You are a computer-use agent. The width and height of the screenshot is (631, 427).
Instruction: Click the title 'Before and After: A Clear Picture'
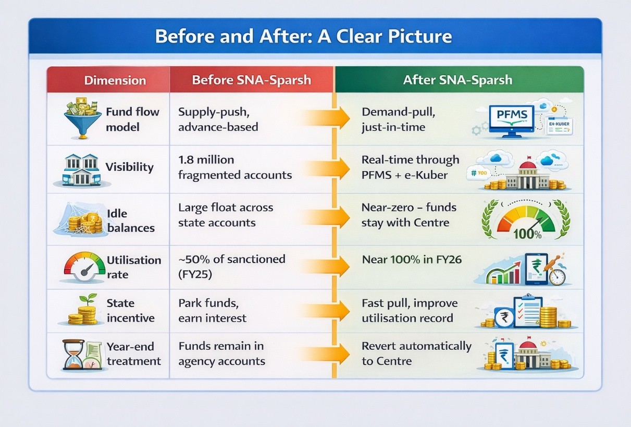tap(303, 36)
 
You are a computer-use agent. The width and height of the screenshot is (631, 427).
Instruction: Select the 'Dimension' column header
tap(115, 80)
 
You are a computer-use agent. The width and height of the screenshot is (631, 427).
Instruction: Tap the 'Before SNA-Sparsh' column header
tap(251, 80)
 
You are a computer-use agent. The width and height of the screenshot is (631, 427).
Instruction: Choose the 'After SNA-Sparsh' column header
tap(457, 80)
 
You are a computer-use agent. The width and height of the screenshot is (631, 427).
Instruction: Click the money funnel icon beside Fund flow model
tap(83, 118)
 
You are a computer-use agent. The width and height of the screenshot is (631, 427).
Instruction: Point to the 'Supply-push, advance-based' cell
tap(218, 119)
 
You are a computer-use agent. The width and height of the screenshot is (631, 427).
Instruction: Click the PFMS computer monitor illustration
tap(512, 121)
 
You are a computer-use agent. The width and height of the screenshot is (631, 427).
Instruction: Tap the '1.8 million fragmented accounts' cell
tap(235, 167)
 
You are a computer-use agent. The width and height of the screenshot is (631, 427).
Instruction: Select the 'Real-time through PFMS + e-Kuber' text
tap(410, 167)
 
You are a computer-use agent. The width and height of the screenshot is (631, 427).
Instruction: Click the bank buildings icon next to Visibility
tap(81, 169)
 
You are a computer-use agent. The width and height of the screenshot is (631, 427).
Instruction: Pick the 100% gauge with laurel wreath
tap(526, 220)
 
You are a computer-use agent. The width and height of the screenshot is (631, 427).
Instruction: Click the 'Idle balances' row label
tap(131, 221)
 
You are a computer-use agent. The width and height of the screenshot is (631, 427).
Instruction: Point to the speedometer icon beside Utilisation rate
tap(84, 266)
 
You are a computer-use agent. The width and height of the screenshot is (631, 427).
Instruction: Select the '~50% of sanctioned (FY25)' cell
tap(231, 266)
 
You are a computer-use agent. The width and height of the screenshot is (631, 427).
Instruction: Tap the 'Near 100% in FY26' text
tap(412, 260)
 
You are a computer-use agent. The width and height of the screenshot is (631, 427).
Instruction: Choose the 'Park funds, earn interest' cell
tap(212, 311)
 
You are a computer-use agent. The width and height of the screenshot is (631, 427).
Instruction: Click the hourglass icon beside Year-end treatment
tap(73, 355)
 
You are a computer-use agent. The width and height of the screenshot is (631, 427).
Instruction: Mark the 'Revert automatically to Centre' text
tap(416, 353)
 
